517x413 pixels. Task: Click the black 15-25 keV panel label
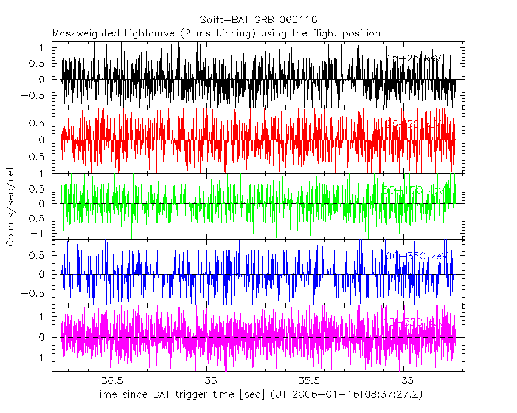(413, 59)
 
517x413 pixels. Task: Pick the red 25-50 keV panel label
(413, 125)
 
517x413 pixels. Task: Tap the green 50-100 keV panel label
(413, 190)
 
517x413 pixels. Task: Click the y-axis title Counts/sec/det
(10, 206)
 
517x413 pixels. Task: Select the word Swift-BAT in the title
(223, 19)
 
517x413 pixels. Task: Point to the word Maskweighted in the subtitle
(85, 33)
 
